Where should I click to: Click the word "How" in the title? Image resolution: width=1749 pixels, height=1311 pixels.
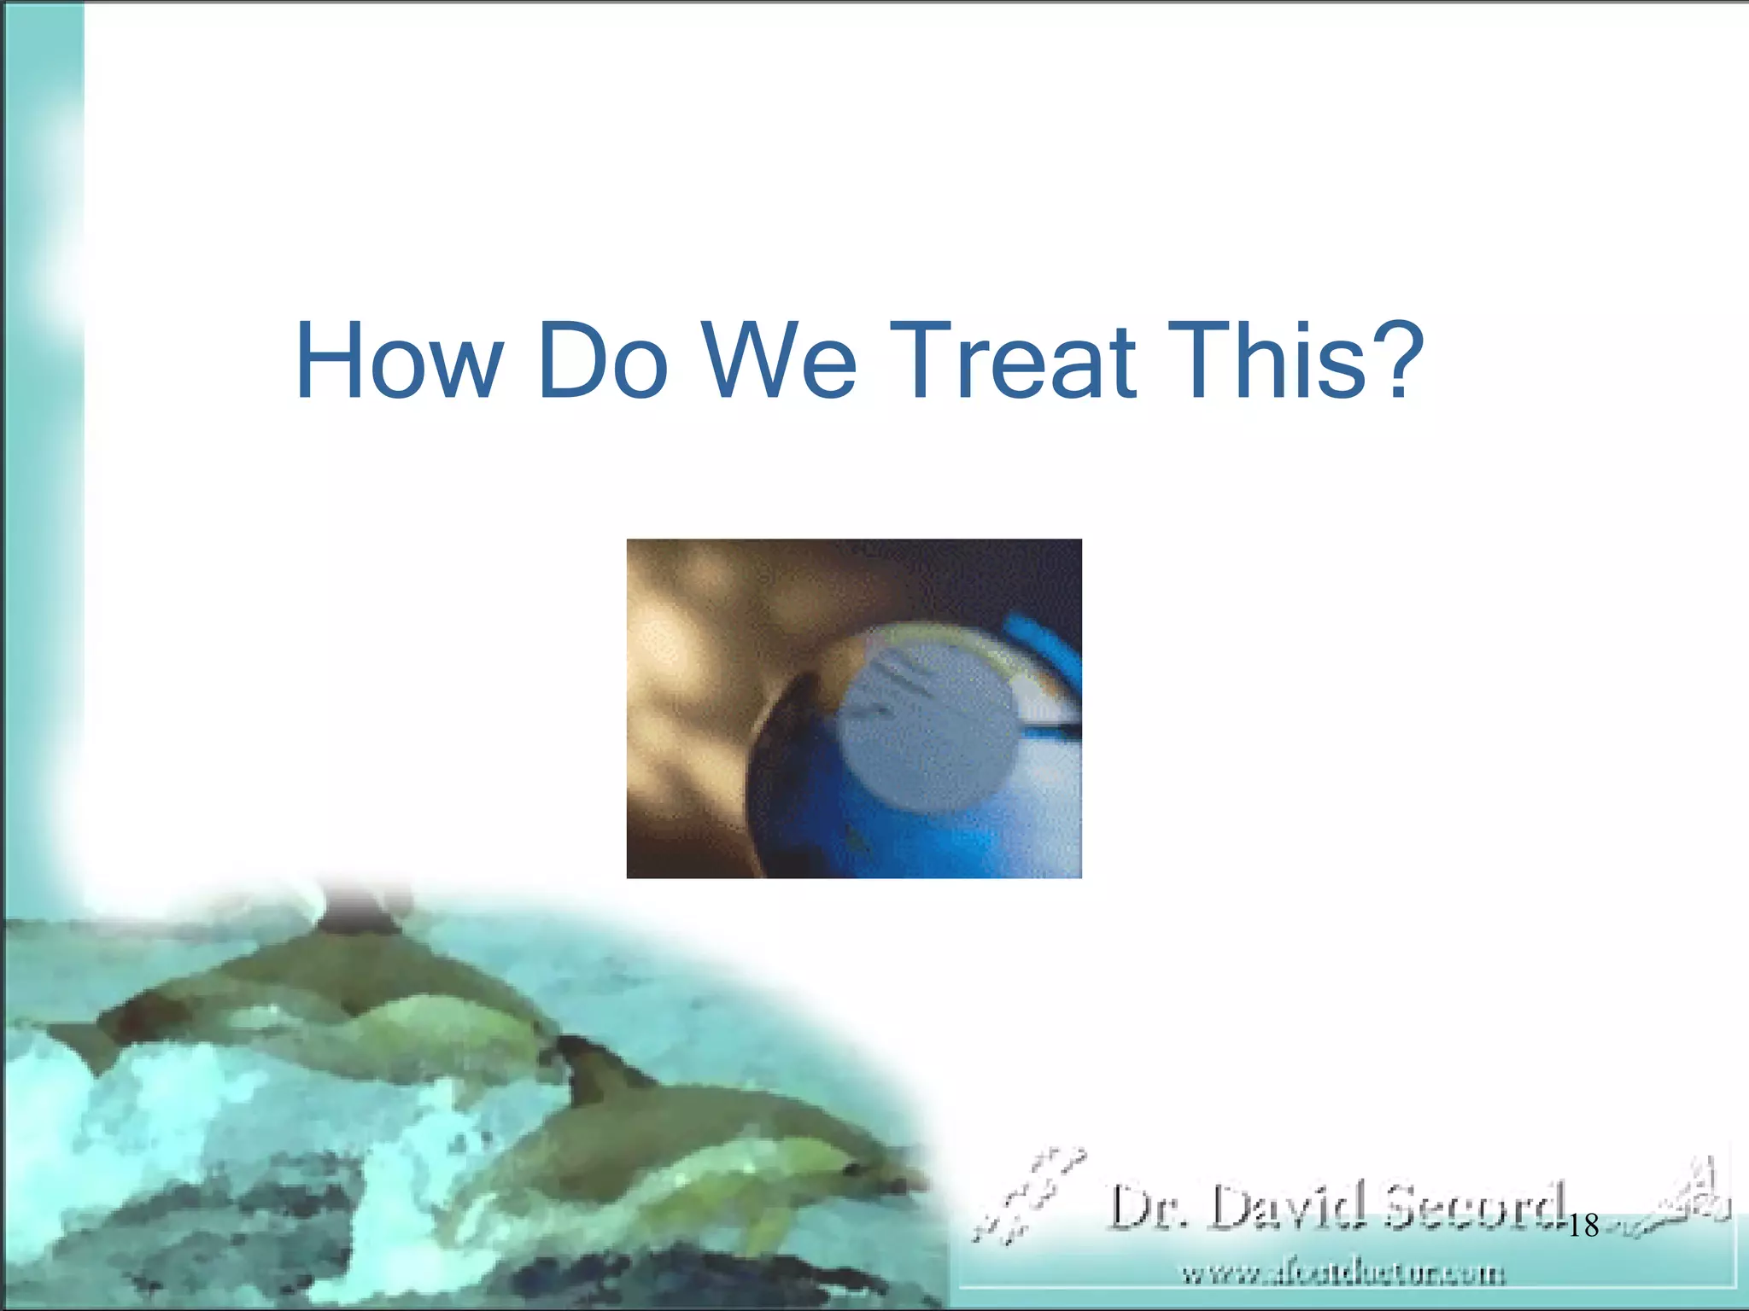(399, 360)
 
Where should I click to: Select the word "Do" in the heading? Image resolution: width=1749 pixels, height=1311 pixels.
(603, 360)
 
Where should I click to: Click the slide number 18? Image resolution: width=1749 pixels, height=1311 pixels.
(1583, 1226)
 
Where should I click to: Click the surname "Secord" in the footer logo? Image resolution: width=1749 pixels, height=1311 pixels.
(1476, 1208)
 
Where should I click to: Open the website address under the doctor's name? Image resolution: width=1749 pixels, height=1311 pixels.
(1342, 1275)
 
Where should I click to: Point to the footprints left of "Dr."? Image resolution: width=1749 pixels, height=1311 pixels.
(1029, 1195)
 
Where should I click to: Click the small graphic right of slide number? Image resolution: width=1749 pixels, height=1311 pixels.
(1687, 1199)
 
